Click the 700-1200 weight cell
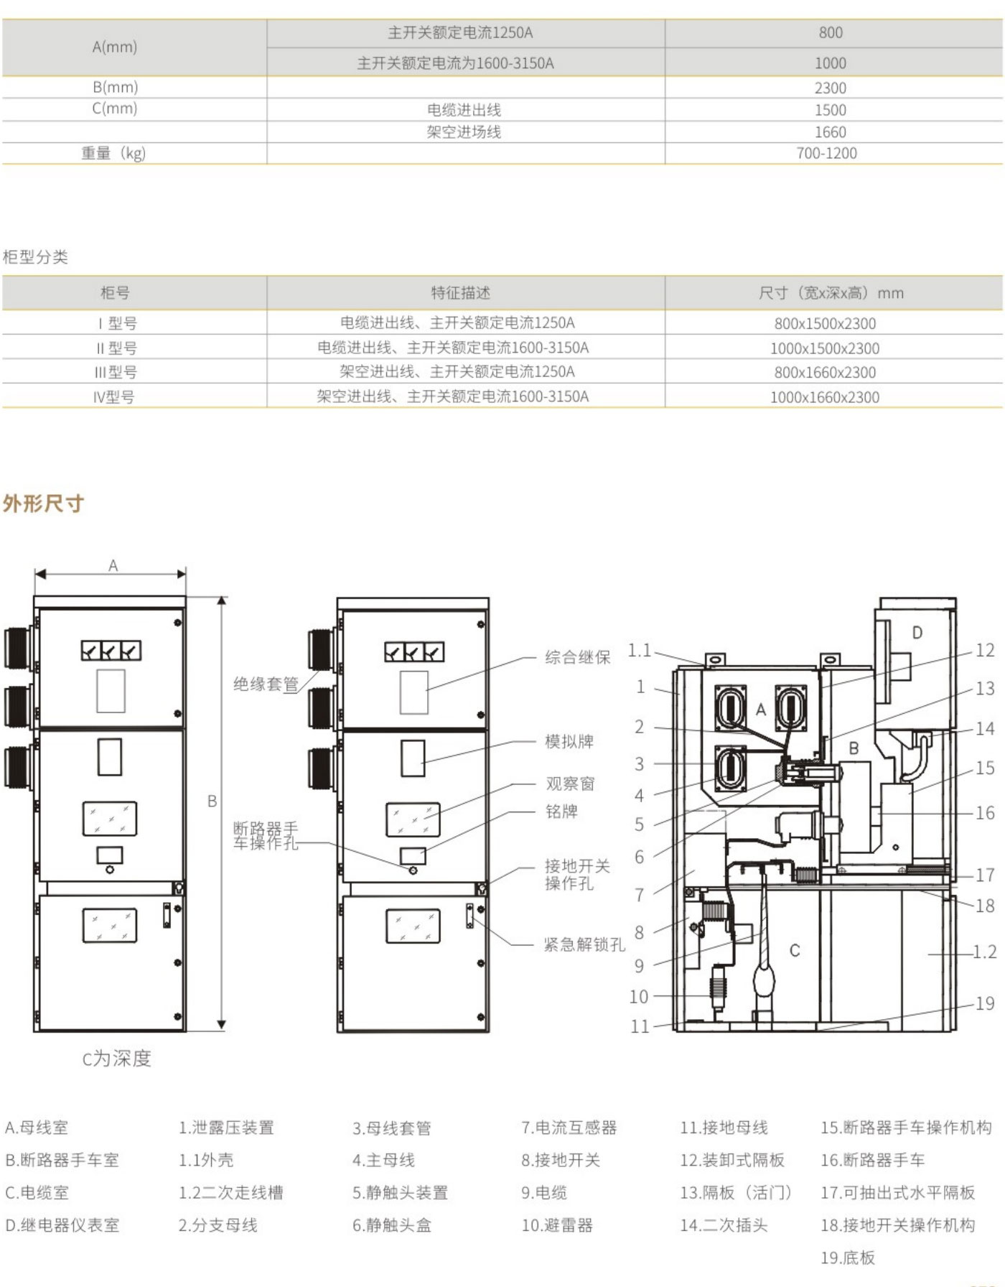(x=826, y=153)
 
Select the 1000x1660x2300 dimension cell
(x=825, y=397)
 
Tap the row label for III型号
(x=116, y=372)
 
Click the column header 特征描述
(x=460, y=293)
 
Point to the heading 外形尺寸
(x=43, y=503)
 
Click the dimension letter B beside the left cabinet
(x=212, y=801)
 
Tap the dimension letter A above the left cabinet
(x=113, y=566)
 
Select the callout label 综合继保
(x=577, y=657)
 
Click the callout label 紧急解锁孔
(x=584, y=944)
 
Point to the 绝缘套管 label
(x=266, y=684)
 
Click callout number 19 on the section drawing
(x=985, y=1003)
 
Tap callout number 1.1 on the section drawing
(x=640, y=651)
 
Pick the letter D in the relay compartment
(x=917, y=633)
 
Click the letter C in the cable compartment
(x=795, y=951)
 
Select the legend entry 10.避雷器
(x=557, y=1225)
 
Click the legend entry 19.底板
(x=848, y=1258)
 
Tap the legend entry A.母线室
(x=37, y=1128)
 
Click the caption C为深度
(x=116, y=1059)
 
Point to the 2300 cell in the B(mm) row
(x=830, y=88)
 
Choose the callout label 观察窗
(x=571, y=784)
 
